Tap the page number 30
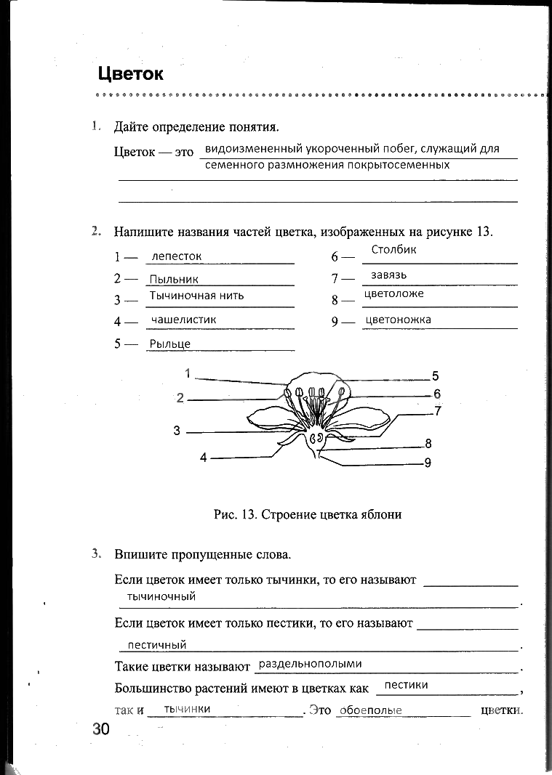(x=100, y=729)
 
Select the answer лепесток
(x=177, y=256)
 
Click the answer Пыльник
(x=173, y=279)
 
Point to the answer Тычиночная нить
(x=196, y=296)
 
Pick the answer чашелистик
(x=183, y=320)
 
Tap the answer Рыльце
(x=169, y=344)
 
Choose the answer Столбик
(x=393, y=250)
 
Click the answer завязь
(x=388, y=275)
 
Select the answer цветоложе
(x=393, y=294)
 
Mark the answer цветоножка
(x=398, y=320)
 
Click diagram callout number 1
(x=188, y=373)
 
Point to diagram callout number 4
(x=204, y=458)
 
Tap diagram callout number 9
(x=428, y=463)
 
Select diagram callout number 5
(x=435, y=376)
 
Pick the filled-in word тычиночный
(x=161, y=596)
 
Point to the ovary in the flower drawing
(x=316, y=439)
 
